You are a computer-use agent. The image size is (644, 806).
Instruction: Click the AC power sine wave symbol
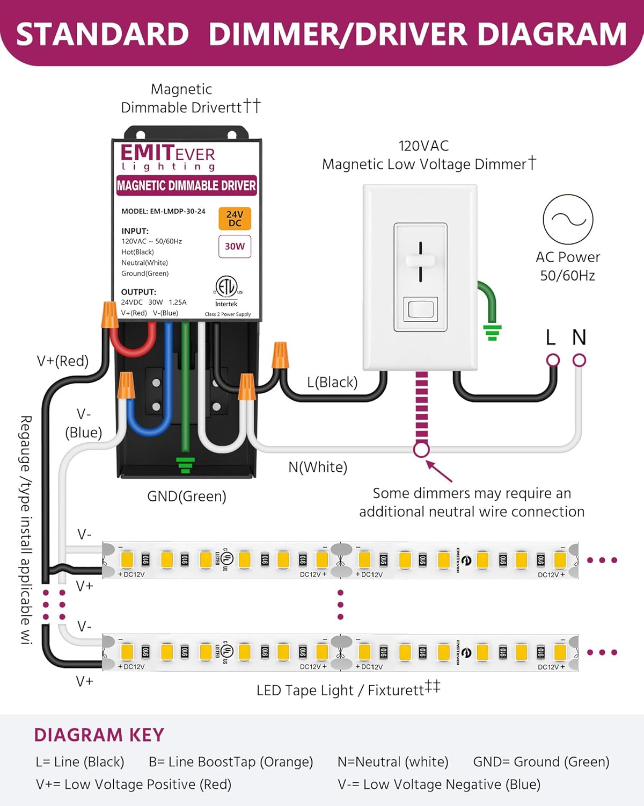point(568,219)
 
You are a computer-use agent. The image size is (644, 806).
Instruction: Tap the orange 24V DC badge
point(235,219)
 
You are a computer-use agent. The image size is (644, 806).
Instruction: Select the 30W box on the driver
point(235,246)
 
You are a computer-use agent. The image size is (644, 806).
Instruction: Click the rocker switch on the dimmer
point(420,310)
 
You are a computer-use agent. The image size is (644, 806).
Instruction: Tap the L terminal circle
point(553,360)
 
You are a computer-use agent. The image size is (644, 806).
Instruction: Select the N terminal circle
point(579,360)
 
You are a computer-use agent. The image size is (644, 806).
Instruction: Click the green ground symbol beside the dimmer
point(492,332)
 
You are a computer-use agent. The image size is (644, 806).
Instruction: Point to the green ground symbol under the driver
point(186,465)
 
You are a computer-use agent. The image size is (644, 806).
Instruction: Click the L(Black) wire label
point(332,382)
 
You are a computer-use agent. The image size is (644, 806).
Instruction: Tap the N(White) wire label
point(318,467)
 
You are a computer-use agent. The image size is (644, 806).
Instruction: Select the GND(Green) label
point(187,496)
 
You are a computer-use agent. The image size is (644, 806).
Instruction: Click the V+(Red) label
point(63,361)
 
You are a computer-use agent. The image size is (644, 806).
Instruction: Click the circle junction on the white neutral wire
point(421,449)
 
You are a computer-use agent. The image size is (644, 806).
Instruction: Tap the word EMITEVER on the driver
point(167,153)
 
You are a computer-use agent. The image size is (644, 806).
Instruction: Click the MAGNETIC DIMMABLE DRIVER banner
point(186,185)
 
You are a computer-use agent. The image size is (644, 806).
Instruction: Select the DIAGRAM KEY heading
point(99,735)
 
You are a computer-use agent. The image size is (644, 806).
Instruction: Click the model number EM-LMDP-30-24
point(178,211)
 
